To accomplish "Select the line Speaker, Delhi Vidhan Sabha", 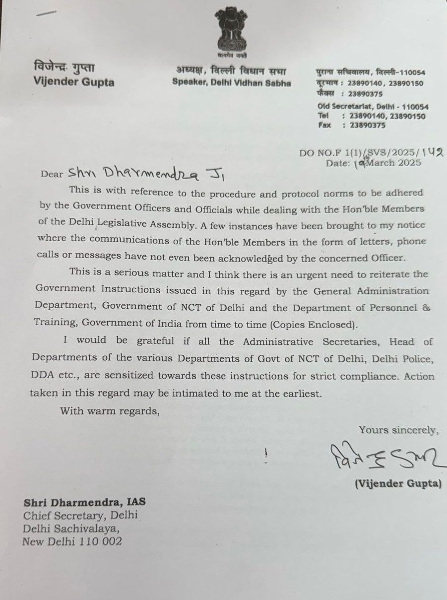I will coord(232,83).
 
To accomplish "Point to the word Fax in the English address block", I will coord(324,126).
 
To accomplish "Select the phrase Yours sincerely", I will coord(399,430).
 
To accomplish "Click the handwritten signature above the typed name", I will coord(383,458).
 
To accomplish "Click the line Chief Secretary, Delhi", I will coord(80,515).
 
